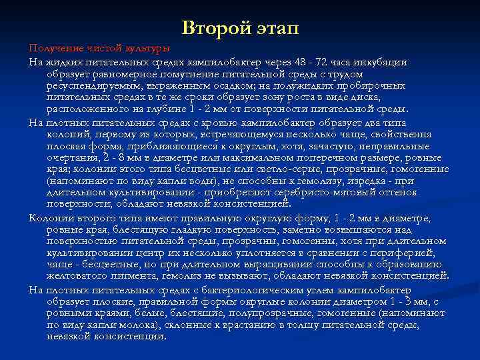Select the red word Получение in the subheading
tap(53, 49)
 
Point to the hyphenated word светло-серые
tap(287, 170)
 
